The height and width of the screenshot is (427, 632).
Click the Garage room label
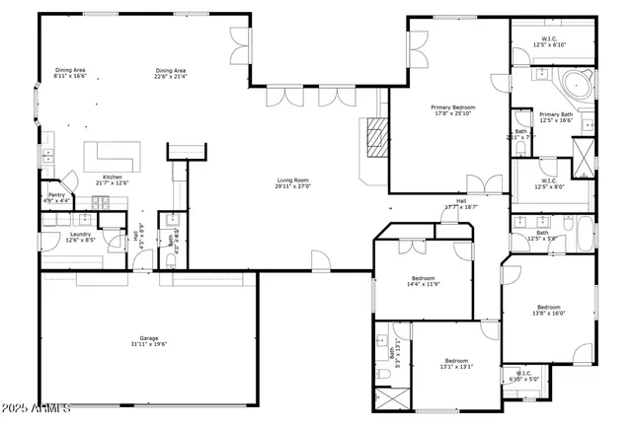pos(148,340)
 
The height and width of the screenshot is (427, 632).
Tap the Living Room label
pos(293,180)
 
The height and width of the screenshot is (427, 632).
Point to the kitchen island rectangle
pos(112,156)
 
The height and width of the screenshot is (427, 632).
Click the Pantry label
pos(57,195)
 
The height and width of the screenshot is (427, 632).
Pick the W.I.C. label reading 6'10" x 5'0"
pos(523,375)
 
